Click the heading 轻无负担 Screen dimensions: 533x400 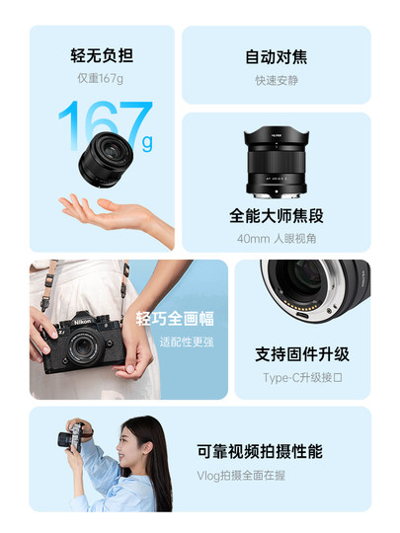pyautogui.click(x=101, y=55)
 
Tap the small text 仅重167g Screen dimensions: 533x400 pyautogui.click(x=101, y=78)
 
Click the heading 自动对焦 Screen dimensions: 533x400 pyautogui.click(x=276, y=56)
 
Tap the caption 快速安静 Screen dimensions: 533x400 pyautogui.click(x=276, y=79)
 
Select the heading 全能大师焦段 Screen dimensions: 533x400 pyautogui.click(x=276, y=215)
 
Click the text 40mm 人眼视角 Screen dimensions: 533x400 pyautogui.click(x=276, y=239)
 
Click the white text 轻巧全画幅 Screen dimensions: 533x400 pyautogui.click(x=174, y=318)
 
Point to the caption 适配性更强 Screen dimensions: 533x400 pyautogui.click(x=185, y=342)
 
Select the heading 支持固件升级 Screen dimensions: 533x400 pyautogui.click(x=302, y=354)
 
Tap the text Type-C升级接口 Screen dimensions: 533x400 pyautogui.click(x=302, y=378)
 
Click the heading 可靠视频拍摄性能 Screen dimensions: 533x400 pyautogui.click(x=259, y=451)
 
